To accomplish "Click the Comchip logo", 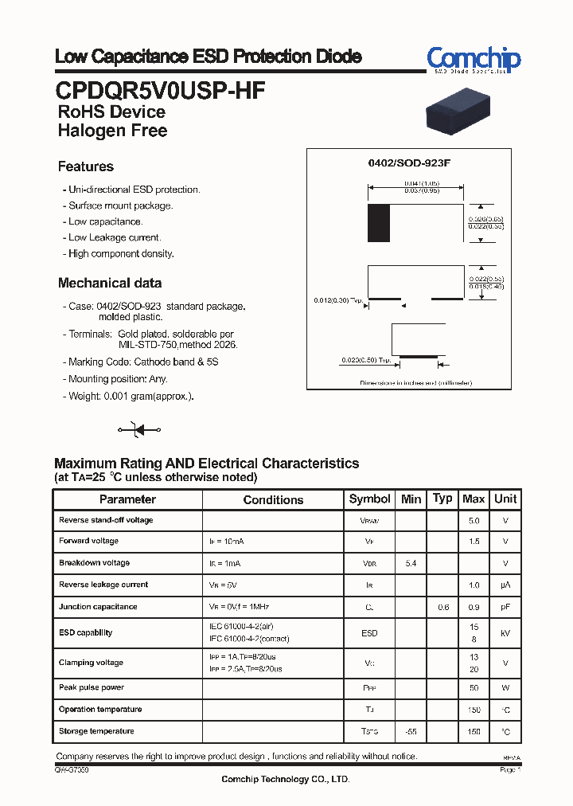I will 474,60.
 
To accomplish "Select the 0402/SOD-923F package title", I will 409,162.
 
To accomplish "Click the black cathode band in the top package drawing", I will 379,223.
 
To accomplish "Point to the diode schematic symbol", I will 139,430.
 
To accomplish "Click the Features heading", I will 86,166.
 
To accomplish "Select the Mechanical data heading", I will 110,283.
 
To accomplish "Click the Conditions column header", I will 273,500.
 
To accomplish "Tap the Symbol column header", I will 370,499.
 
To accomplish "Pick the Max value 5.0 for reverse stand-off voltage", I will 474,520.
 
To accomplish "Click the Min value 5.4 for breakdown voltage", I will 411,563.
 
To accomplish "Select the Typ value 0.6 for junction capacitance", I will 442,607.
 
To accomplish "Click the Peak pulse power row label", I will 92,687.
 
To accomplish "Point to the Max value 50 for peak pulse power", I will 474,687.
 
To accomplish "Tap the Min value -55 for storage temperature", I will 411,731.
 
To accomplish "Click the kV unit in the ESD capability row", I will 505,633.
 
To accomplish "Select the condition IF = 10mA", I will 227,542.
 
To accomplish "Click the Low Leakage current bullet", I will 115,237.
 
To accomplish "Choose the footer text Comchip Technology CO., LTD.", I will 286,780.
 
